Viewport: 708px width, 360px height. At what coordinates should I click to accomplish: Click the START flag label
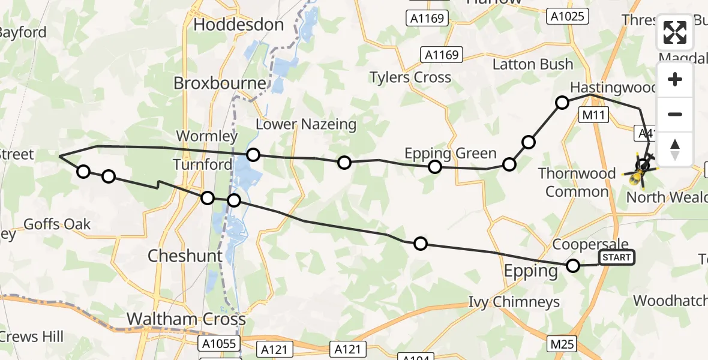tap(616, 258)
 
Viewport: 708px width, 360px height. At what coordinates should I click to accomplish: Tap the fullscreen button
tap(676, 33)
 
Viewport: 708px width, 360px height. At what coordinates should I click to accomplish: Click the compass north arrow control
tap(676, 148)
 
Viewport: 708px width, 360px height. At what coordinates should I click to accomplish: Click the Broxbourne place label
tap(220, 83)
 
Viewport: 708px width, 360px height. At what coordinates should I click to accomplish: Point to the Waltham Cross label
tap(186, 319)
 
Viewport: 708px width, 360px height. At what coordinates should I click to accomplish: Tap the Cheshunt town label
tap(185, 256)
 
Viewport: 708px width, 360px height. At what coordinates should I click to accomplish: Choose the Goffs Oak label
tap(57, 224)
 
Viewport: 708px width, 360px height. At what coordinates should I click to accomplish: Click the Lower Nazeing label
tap(306, 124)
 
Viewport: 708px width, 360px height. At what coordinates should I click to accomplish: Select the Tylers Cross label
tap(410, 77)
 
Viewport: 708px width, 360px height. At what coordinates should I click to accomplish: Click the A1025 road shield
tap(567, 17)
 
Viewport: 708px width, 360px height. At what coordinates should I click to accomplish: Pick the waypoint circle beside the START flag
tap(574, 266)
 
